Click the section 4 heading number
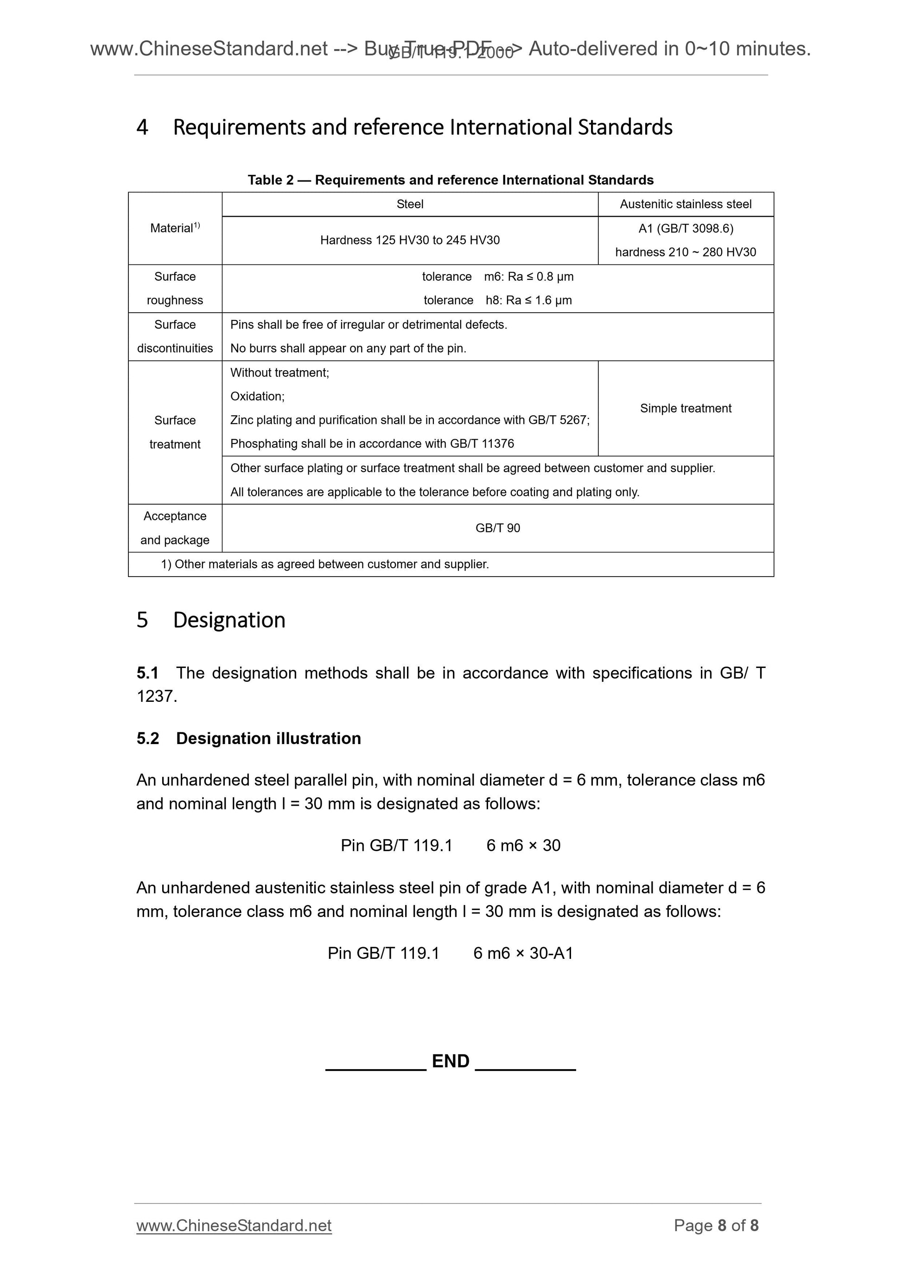pos(142,128)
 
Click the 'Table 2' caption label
pos(270,180)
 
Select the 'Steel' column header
pos(410,204)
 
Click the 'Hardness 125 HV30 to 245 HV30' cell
pos(410,240)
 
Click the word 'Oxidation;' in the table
pos(257,397)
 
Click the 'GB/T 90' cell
pos(497,528)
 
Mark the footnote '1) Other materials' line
pos(324,565)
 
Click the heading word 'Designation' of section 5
pos(229,620)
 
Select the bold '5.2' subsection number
pos(148,738)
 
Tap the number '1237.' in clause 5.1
pos(157,696)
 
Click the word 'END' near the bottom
pos(450,1061)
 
